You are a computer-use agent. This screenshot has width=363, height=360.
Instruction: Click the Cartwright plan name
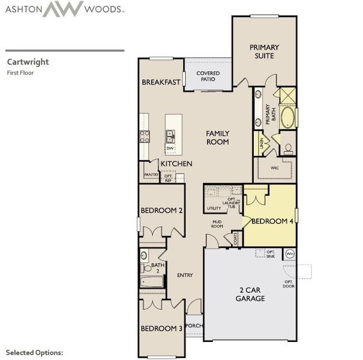tap(28, 61)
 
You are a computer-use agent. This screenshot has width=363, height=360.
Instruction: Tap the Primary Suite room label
tap(265, 51)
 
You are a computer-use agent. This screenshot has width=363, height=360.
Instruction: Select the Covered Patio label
tap(208, 76)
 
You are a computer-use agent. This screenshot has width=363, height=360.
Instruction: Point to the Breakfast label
tap(161, 82)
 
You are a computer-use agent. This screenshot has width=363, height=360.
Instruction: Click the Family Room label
tap(218, 137)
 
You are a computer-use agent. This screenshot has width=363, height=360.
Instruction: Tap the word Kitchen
tap(176, 163)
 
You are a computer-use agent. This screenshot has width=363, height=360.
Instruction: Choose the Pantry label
tap(151, 175)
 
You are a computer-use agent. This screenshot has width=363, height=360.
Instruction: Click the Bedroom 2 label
tap(161, 211)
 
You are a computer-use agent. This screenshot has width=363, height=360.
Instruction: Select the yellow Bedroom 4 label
tap(272, 221)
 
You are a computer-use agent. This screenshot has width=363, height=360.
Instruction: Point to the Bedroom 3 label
tap(161, 328)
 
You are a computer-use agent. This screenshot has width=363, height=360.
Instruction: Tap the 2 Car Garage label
tap(250, 294)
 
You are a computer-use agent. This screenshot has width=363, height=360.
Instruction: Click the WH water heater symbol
tap(289, 254)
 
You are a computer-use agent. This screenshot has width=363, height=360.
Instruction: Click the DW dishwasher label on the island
tap(170, 148)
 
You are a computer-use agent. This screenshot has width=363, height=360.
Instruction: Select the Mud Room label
tap(217, 224)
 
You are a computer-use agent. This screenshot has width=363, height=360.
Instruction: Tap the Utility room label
tap(214, 208)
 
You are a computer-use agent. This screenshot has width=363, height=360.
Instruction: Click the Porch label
tap(194, 326)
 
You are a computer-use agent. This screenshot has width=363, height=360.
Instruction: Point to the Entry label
tap(185, 275)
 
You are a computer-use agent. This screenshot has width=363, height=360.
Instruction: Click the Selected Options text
tap(34, 352)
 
